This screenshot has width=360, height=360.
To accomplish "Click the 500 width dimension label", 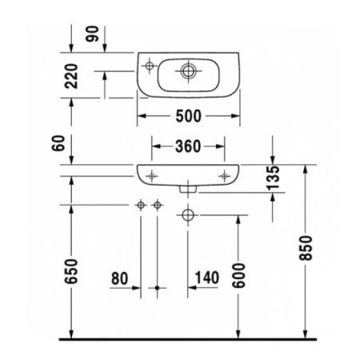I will click(x=188, y=116).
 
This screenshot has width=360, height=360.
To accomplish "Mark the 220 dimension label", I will click(x=73, y=78).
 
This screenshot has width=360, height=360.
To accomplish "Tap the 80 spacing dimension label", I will click(x=119, y=278).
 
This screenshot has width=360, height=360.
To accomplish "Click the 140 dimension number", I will click(x=206, y=278).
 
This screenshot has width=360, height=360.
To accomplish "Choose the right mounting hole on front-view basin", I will click(x=222, y=174).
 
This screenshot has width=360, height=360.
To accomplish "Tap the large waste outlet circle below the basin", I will click(x=188, y=214).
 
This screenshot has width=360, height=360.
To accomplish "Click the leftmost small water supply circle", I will click(x=141, y=206).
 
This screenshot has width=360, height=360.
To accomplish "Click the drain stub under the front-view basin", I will click(x=188, y=188).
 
